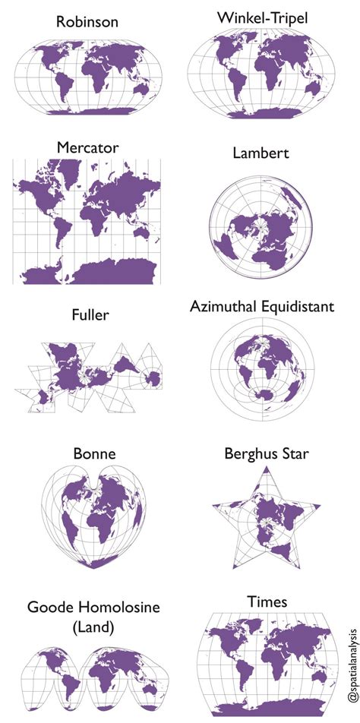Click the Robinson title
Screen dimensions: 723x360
[x=87, y=22]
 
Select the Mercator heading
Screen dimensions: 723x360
[x=87, y=148]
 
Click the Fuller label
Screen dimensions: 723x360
[x=89, y=314]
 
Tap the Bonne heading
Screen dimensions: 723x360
[x=94, y=454]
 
